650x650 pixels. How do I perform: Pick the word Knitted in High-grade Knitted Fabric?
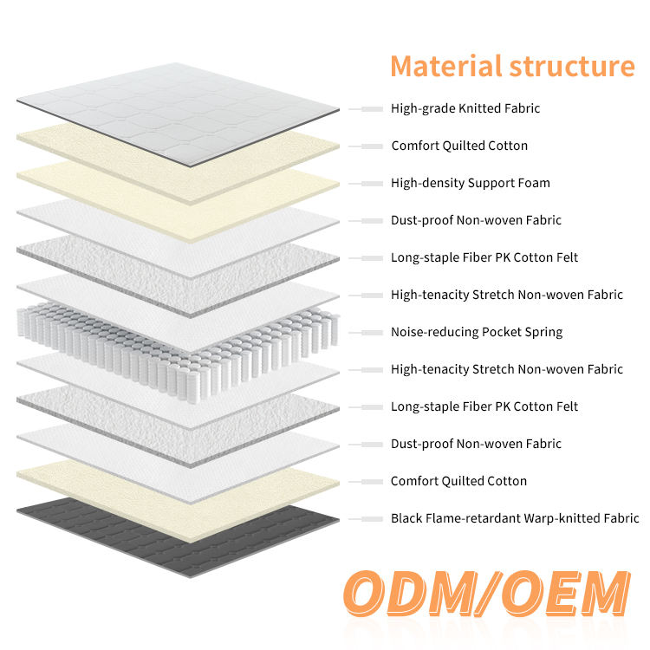479,108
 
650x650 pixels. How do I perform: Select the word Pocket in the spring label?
500,332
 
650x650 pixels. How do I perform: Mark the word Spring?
543,332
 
